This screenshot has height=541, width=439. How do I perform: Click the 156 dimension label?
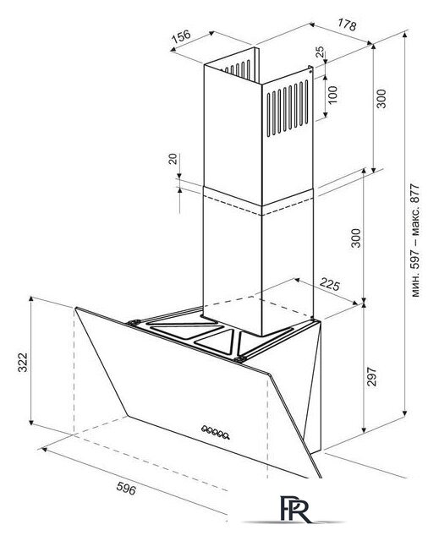coord(182,36)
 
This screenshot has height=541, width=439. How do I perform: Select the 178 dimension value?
coord(347,25)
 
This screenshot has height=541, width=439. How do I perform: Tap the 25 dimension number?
coord(321,52)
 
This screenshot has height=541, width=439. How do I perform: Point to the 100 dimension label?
coord(332,95)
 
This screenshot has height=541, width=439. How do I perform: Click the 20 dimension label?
coord(173,159)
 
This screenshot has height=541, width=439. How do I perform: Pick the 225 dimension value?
coord(330,284)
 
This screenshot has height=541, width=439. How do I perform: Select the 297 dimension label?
coord(371,377)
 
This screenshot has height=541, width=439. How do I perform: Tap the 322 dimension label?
coord(23,363)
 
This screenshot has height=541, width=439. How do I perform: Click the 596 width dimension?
coord(126,489)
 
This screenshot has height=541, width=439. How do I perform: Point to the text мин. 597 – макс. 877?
coord(415,240)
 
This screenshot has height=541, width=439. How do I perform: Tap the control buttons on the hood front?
coord(216,432)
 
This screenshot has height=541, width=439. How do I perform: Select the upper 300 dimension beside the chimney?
coord(381,99)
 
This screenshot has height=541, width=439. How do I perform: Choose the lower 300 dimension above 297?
coord(355,238)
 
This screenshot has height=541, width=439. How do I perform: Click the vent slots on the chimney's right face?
coord(288,107)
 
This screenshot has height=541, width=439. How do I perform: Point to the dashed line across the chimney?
coord(259,205)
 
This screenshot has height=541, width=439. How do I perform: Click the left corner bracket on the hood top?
coord(133,323)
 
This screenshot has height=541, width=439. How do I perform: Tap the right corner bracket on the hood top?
coord(239,360)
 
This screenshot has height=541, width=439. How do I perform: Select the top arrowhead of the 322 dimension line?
coord(31,298)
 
